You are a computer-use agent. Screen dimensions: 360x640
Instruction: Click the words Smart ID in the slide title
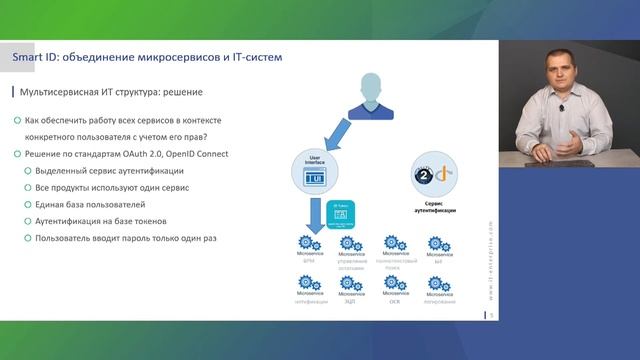tap(34, 57)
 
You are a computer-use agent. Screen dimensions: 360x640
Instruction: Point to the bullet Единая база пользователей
tap(90, 204)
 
